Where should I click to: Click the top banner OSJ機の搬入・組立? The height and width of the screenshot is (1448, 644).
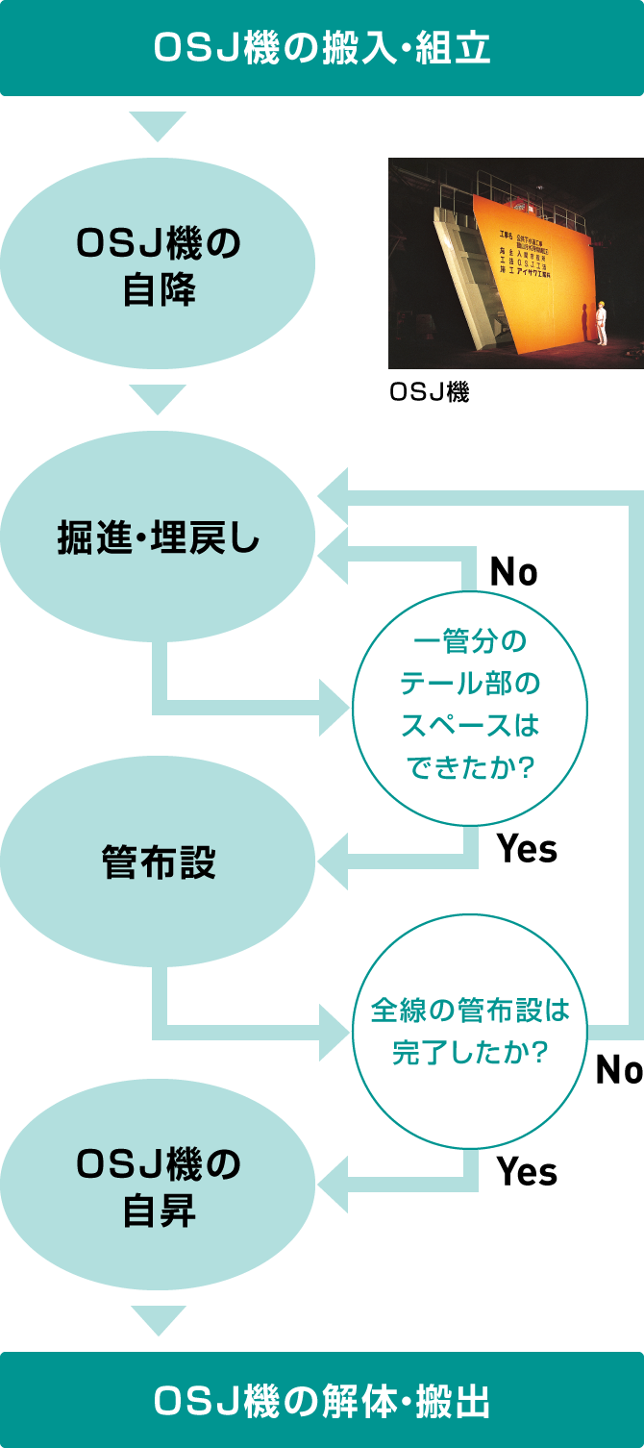(322, 48)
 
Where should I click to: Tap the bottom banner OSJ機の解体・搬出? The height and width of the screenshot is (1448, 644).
(322, 1401)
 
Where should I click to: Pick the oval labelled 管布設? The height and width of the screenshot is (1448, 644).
(159, 861)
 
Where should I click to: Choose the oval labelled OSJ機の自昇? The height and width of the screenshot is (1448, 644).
(159, 1185)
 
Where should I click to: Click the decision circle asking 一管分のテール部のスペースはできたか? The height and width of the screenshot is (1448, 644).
(469, 708)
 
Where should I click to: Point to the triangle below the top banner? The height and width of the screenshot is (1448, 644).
(158, 126)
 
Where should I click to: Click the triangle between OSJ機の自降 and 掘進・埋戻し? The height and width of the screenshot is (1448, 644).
(158, 399)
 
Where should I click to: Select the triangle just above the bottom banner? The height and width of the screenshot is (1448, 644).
(158, 1319)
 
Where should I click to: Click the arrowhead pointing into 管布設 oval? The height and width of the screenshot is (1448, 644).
(333, 861)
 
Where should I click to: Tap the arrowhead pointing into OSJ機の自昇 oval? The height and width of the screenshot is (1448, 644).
(333, 1185)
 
